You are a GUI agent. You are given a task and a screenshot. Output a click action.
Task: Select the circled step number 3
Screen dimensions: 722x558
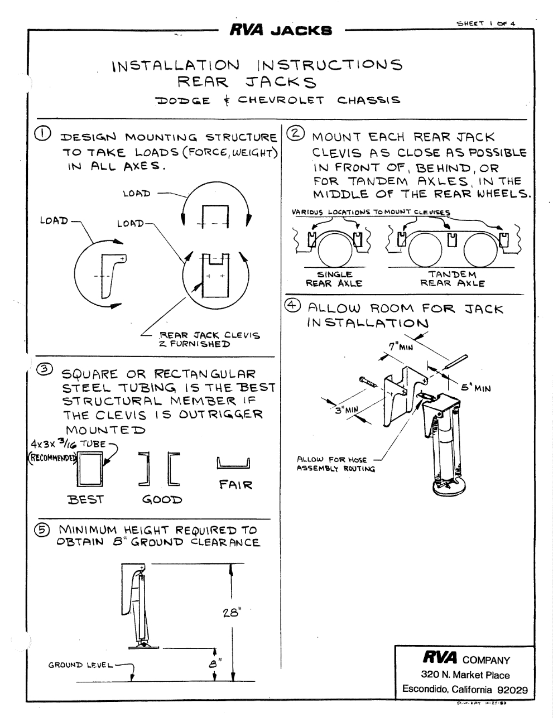(45, 369)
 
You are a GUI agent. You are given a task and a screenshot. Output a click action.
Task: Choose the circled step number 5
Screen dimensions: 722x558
(44, 529)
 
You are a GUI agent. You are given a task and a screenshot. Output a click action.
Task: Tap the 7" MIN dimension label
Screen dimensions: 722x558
(400, 346)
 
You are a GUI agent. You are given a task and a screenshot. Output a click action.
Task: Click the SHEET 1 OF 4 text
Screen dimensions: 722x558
(486, 23)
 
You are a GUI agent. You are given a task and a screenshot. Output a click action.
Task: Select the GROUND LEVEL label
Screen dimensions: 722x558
(80, 665)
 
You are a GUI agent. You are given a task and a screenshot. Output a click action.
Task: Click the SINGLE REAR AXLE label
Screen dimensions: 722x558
(334, 278)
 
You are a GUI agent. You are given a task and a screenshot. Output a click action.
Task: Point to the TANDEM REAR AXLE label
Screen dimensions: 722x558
(452, 278)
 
